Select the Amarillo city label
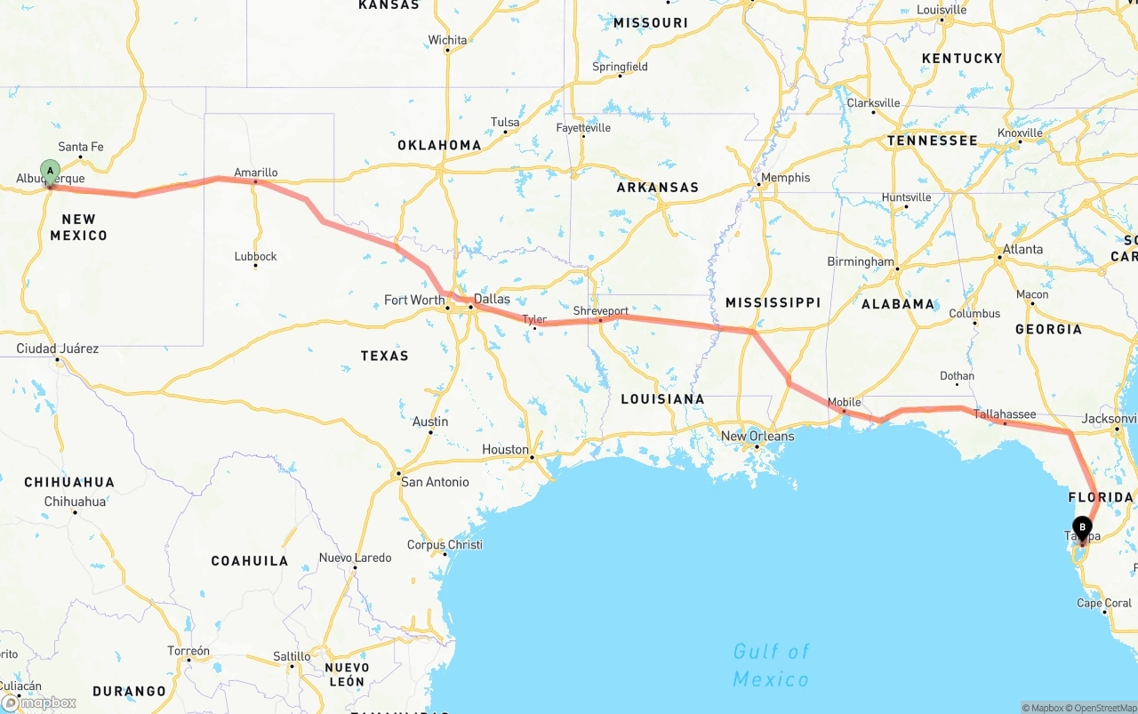pos(256,172)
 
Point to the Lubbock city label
pos(256,256)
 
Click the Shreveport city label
pos(601,311)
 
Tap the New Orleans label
pos(757,436)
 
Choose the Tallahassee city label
pos(1005,413)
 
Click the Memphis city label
pos(785,177)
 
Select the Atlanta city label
pos(1022,249)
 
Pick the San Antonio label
pos(435,482)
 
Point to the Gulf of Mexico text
pos(771,665)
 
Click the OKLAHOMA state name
pos(439,145)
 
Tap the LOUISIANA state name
pos(662,398)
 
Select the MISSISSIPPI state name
pos(773,302)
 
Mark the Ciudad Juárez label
pos(58,349)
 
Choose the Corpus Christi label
pos(445,544)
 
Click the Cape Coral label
pos(1104,603)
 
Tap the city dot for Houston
pos(532,459)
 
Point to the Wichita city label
pos(447,40)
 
